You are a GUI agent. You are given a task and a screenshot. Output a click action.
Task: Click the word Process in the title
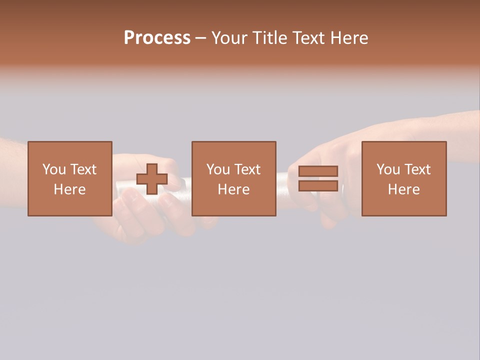point(157,38)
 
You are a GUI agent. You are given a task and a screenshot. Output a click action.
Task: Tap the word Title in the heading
point(270,38)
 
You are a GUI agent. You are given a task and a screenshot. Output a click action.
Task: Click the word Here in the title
point(350,38)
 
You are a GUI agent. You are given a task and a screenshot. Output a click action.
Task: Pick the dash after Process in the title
point(200,38)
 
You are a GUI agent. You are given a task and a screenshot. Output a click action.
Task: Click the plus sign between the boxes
point(152,179)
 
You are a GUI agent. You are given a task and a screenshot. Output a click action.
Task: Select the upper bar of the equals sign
point(318,171)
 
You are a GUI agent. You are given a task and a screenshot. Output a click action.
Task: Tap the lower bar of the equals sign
point(318,185)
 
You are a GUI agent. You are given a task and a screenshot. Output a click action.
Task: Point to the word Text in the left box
point(82,169)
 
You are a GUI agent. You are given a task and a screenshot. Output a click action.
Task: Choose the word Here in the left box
point(69,189)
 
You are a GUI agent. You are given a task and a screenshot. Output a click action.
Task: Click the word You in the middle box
point(218,169)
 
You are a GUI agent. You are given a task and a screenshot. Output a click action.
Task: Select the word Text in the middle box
point(247,169)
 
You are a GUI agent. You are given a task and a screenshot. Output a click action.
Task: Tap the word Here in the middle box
point(234,189)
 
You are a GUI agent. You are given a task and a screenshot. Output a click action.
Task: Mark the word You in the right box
point(388,169)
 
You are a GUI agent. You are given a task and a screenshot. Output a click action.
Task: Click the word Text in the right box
point(417,169)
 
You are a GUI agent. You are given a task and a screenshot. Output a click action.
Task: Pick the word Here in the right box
point(404,189)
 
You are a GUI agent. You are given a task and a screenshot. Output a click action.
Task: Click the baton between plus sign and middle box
point(180,184)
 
